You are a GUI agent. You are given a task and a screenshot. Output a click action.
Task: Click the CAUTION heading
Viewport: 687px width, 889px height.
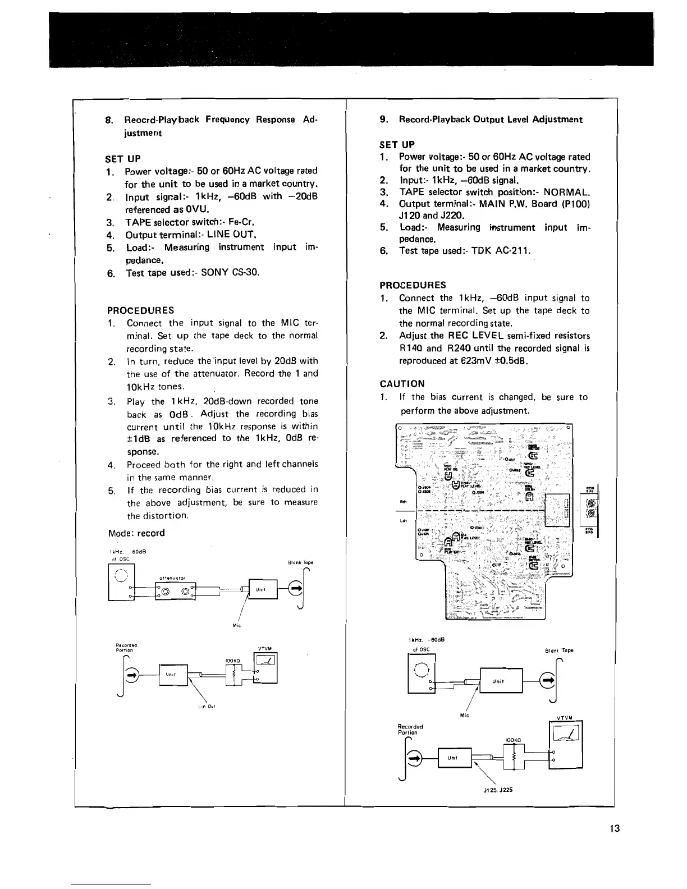[402, 384]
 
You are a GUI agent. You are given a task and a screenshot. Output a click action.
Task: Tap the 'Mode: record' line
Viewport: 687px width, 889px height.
[136, 533]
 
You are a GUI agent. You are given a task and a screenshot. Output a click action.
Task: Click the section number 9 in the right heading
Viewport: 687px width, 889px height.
[383, 120]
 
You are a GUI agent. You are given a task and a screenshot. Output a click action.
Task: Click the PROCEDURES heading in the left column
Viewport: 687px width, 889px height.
[140, 310]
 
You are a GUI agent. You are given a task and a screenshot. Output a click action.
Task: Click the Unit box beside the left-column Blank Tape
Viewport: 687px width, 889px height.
[260, 589]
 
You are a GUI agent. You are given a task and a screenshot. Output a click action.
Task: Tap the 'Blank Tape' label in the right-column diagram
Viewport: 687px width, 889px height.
[559, 650]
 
